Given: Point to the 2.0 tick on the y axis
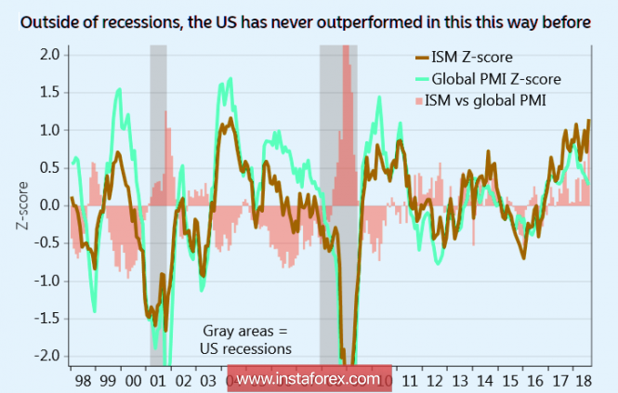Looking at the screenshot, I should (x=50, y=54).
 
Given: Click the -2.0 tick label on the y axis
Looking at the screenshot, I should (x=46, y=356).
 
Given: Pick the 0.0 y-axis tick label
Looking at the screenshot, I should (x=50, y=205).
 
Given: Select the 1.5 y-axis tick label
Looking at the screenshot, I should (x=50, y=92).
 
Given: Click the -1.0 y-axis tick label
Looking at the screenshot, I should (x=46, y=281).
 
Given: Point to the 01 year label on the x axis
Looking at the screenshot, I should (x=156, y=381).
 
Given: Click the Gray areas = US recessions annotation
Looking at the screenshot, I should (x=246, y=340).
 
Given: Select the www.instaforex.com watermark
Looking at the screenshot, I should (x=309, y=379).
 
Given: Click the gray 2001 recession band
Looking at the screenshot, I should (x=158, y=204).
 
